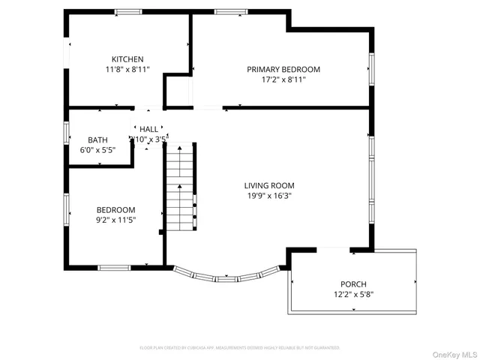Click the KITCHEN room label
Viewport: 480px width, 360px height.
(x=127, y=59)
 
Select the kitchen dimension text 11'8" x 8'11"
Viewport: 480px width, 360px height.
(x=127, y=69)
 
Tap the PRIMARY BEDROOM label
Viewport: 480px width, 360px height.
(x=283, y=69)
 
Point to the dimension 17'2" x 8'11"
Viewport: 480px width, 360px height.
(x=283, y=79)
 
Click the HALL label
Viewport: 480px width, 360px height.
(x=148, y=130)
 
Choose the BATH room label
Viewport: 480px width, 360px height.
(x=97, y=139)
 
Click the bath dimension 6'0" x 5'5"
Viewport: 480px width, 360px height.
(x=97, y=149)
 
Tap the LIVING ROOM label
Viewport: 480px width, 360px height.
(x=269, y=185)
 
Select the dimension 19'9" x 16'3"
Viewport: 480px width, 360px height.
(x=269, y=196)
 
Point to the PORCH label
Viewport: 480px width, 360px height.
(x=352, y=284)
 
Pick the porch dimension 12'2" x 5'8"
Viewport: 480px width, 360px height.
(x=352, y=294)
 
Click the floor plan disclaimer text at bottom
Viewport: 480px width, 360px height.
(x=240, y=348)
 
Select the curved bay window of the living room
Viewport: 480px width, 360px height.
(x=227, y=276)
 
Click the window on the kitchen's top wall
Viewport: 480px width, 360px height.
(x=128, y=11)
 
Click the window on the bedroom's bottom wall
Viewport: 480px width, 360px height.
(x=114, y=267)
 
